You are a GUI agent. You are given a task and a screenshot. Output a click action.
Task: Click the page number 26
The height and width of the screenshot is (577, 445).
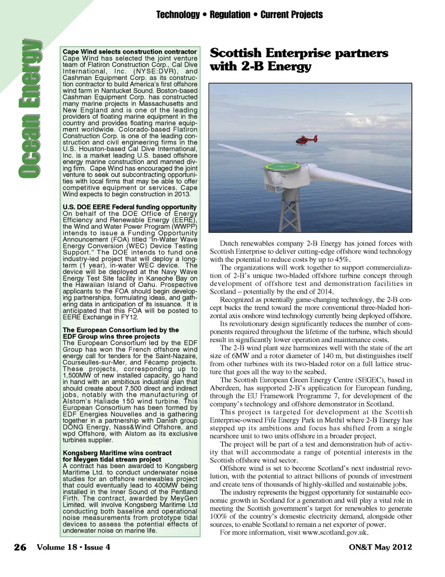[20, 547]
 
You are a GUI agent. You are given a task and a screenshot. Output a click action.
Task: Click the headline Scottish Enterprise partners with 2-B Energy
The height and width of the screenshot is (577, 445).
[299, 59]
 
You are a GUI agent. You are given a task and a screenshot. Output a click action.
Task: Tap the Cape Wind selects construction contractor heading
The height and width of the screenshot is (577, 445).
[130, 51]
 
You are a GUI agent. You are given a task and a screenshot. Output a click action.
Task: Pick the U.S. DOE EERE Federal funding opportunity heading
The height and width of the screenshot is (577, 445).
[130, 207]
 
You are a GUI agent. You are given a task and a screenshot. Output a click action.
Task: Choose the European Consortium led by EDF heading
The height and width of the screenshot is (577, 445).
[121, 333]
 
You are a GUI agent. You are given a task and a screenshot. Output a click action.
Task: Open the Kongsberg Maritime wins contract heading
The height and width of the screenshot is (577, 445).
[117, 456]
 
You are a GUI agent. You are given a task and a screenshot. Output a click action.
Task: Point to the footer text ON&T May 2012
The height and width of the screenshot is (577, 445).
[380, 547]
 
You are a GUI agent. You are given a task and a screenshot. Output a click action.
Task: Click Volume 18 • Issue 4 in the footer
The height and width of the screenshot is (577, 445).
[73, 547]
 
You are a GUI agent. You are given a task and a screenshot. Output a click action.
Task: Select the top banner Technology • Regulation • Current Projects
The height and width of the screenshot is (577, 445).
[239, 15]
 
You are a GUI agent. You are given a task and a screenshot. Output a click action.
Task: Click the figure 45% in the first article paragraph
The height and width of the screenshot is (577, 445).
[342, 260]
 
